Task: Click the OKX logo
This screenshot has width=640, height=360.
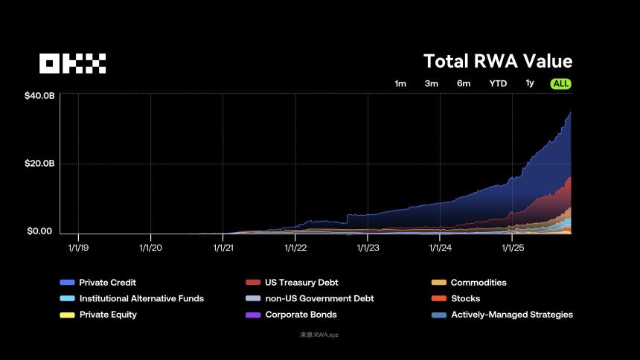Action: click(x=73, y=63)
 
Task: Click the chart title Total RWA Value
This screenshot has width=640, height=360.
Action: click(x=498, y=61)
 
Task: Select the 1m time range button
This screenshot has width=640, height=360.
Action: click(x=400, y=84)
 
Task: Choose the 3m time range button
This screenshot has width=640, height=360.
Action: click(x=432, y=84)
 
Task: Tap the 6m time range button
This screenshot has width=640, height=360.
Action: click(x=464, y=84)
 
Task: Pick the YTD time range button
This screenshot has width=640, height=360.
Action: click(x=498, y=84)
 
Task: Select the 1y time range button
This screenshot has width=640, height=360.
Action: click(x=530, y=83)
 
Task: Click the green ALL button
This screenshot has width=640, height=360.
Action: click(x=561, y=84)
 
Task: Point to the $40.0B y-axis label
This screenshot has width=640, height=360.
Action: click(x=39, y=96)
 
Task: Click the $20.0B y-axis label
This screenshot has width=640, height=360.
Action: click(x=39, y=164)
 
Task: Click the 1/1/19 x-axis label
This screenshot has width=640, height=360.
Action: click(x=78, y=248)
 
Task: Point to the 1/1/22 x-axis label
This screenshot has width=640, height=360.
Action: click(x=295, y=248)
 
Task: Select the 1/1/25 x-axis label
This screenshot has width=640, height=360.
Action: click(x=512, y=248)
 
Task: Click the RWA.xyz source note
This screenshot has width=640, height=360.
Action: click(x=319, y=335)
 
